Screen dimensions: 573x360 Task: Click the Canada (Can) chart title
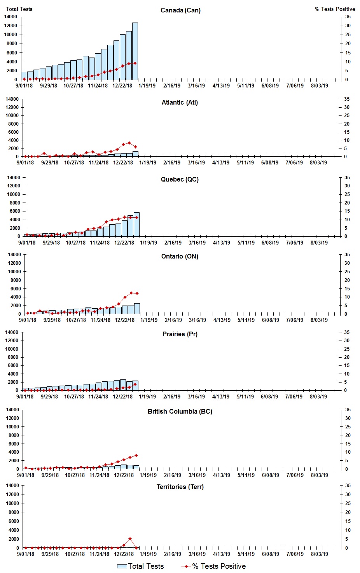tap(180, 10)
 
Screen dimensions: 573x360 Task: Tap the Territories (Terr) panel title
tap(180, 487)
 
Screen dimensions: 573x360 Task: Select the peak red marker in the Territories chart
tap(130, 539)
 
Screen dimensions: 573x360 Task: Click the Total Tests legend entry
tap(141, 566)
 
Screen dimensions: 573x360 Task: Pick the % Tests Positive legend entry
tap(214, 566)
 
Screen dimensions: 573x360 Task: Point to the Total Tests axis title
tap(19, 9)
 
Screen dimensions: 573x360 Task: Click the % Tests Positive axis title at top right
tap(335, 9)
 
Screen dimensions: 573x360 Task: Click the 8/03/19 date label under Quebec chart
tap(319, 243)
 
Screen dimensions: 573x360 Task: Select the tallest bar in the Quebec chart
tap(136, 224)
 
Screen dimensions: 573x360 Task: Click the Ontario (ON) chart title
tap(180, 257)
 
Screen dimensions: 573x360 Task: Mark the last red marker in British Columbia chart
tap(136, 456)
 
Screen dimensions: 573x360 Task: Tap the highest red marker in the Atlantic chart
tap(129, 143)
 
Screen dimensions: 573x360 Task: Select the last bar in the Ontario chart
tap(137, 309)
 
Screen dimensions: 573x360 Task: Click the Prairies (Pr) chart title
tap(180, 334)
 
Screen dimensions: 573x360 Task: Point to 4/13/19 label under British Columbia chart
tap(222, 475)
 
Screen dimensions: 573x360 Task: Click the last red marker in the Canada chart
tap(135, 63)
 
